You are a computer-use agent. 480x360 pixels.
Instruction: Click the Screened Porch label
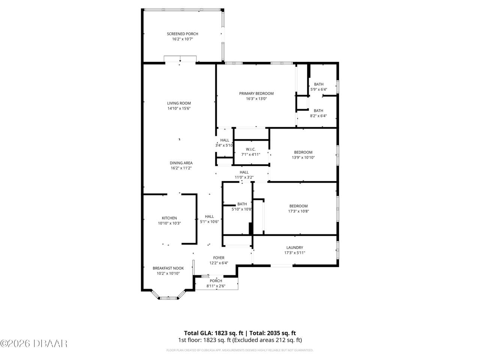point(182,34)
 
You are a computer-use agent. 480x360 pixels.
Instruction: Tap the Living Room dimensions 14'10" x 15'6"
point(179,109)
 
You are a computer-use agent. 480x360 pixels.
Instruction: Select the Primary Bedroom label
point(256,93)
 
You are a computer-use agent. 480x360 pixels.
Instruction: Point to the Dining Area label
point(181,163)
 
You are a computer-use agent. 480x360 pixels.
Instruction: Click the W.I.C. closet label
point(250,149)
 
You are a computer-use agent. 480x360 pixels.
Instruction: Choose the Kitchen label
point(169,218)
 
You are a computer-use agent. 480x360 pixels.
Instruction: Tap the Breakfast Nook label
point(168,268)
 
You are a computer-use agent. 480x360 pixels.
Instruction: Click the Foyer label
point(219,258)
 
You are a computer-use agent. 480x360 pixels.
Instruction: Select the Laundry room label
point(294,247)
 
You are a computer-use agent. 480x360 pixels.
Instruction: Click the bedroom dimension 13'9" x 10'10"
point(303,157)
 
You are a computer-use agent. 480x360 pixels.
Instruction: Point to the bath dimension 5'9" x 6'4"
point(319,90)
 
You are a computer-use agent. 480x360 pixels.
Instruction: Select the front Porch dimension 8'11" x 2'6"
point(216,286)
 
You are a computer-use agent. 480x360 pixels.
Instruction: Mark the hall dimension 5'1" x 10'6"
point(209,222)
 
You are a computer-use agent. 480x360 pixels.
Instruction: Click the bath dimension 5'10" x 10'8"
point(242,209)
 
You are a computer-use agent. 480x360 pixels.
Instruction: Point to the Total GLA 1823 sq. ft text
point(214,333)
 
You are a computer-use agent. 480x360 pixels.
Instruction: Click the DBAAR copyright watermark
point(34,343)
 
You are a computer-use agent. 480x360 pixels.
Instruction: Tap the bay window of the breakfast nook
point(168,298)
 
